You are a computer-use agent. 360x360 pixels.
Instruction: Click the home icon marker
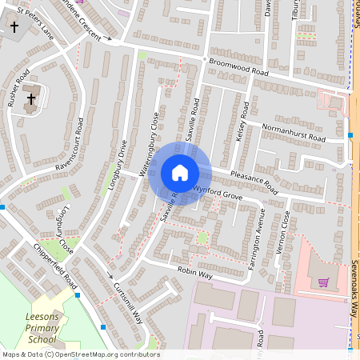tap(179, 173)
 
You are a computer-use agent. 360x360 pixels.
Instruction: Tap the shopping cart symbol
tap(323, 282)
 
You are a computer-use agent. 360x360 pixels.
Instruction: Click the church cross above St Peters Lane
tap(14, 27)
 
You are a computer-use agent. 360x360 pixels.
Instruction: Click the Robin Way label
tap(194, 274)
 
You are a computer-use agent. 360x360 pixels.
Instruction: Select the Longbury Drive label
tap(117, 165)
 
